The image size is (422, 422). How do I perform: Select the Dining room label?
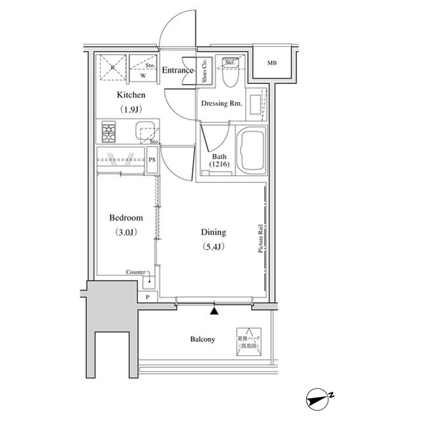point(214,232)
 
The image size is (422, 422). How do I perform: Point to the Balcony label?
point(202,339)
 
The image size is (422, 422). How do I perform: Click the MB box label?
point(272,63)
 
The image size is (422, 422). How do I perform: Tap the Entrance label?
point(177,71)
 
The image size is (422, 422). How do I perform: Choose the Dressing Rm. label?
point(221,104)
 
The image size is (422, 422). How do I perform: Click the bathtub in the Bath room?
point(250,151)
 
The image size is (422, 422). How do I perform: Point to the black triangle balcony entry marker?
point(214,308)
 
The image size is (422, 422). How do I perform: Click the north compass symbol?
point(321,398)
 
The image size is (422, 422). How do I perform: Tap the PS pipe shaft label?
point(152,160)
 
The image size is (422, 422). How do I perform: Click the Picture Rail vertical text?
point(262,238)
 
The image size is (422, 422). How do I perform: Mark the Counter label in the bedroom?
point(136,272)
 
